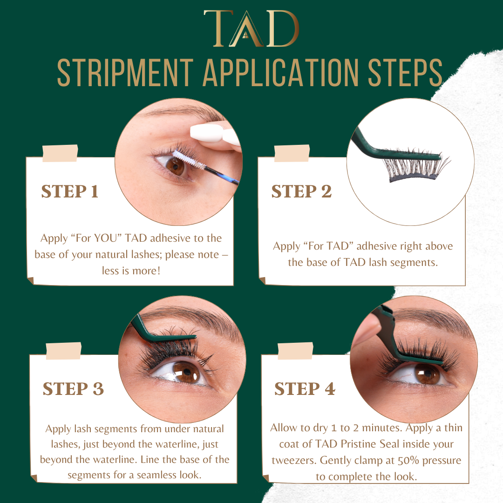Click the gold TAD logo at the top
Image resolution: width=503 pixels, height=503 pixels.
(251, 28)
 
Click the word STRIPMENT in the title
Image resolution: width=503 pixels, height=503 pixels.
(125, 73)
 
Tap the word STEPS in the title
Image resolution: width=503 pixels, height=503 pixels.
(405, 73)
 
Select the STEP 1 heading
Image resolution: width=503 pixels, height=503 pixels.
(69, 191)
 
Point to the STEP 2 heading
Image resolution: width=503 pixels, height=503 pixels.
(301, 191)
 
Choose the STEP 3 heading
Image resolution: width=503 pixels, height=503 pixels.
(73, 389)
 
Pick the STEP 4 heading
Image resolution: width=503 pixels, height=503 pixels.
(305, 389)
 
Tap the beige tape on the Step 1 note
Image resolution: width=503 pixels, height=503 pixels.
(60, 153)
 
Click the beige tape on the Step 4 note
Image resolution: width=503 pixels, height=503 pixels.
(295, 351)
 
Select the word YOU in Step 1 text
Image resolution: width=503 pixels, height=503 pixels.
(108, 238)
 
